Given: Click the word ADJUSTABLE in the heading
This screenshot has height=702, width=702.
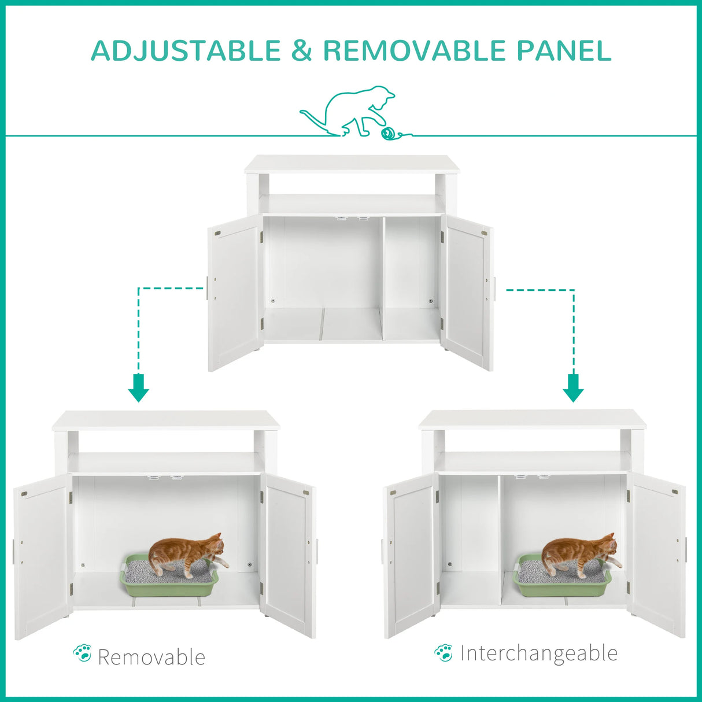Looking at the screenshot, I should pos(186,50).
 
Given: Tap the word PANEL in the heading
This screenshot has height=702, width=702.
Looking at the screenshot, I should pos(564,50).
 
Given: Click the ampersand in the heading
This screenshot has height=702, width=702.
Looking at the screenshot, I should pos(301,50).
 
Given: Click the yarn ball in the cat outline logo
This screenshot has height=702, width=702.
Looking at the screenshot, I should pos(387,134).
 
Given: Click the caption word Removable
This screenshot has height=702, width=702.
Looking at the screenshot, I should pos(152,657).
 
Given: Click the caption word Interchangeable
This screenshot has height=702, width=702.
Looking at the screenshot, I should pos(539,653).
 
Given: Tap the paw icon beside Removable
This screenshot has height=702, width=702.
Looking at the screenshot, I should pos(83,653).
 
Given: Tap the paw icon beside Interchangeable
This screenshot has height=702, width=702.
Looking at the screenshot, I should pos(444,652).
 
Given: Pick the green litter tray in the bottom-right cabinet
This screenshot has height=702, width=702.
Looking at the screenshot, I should pos(562,585).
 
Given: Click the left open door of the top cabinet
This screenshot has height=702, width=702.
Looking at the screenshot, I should pos(234,292).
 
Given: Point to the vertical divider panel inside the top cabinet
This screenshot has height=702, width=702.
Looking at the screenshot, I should pos(382,278).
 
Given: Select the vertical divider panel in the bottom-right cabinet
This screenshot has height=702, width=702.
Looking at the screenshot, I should pos(500,538).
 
